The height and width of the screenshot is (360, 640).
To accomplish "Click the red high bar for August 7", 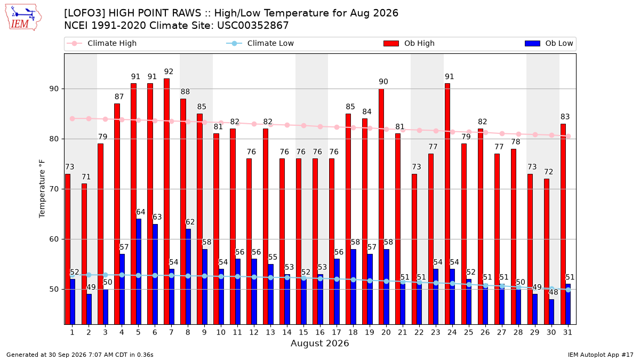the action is click(166, 202).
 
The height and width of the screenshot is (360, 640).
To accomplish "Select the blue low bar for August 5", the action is click(139, 271).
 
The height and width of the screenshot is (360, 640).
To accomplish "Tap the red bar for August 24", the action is click(447, 204).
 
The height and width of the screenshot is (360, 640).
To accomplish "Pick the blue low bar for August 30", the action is click(551, 311).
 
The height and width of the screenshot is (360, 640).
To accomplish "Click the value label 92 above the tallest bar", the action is click(169, 71).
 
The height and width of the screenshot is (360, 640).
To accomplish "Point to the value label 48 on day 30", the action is click(554, 292).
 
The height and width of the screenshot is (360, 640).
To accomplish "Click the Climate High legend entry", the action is click(102, 43).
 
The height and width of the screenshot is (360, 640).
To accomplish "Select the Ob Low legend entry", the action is click(549, 43).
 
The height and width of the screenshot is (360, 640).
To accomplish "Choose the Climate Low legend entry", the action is click(260, 43).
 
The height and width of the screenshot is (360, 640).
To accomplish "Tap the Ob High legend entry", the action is click(409, 43).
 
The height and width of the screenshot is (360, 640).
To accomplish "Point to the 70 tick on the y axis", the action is click(54, 189).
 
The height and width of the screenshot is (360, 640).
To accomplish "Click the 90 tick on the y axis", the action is click(54, 89).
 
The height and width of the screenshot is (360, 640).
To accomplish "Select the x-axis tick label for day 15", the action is click(303, 332).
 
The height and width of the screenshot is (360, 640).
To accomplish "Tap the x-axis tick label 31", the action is click(567, 332).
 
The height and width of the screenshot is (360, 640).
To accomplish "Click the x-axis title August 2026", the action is click(319, 343).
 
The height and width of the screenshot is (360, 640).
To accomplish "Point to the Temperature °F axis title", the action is click(42, 189).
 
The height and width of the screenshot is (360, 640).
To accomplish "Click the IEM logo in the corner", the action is click(23, 18).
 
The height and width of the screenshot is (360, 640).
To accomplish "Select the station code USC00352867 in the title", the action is click(253, 26).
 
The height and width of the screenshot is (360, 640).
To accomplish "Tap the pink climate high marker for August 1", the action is click(73, 118).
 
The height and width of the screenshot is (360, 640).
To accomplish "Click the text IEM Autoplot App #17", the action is click(601, 355).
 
